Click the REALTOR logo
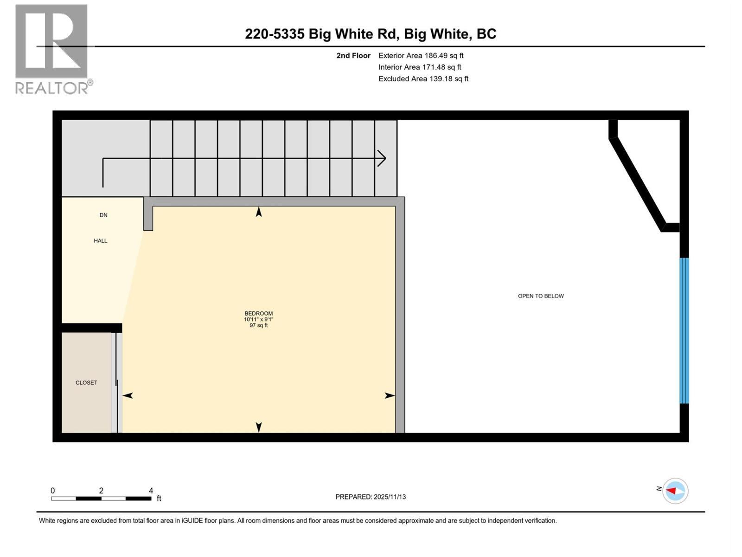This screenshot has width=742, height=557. tap(52, 49)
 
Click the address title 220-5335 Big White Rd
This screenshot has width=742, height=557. tap(370, 34)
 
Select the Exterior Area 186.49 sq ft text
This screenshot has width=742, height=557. tap(421, 56)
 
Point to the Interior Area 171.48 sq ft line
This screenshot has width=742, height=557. tap(420, 67)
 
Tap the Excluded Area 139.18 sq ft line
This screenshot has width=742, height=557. tap(423, 79)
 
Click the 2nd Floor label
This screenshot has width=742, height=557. tap(353, 56)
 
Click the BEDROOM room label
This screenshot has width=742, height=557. tap(259, 313)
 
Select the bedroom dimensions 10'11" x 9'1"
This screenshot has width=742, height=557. tap(259, 319)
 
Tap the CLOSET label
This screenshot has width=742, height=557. tap(86, 383)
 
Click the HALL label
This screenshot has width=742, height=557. tap(101, 241)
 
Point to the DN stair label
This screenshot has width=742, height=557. tap(103, 215)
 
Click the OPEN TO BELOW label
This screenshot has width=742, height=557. tap(541, 296)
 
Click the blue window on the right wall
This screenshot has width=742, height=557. tap(684, 330)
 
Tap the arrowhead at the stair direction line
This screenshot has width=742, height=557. tap(382, 158)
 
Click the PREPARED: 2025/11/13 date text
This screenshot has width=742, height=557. tap(371, 497)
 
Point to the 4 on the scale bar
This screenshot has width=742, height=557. tap(151, 491)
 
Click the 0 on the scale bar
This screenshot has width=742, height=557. tap(53, 491)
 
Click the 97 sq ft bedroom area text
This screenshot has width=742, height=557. tap(259, 325)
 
